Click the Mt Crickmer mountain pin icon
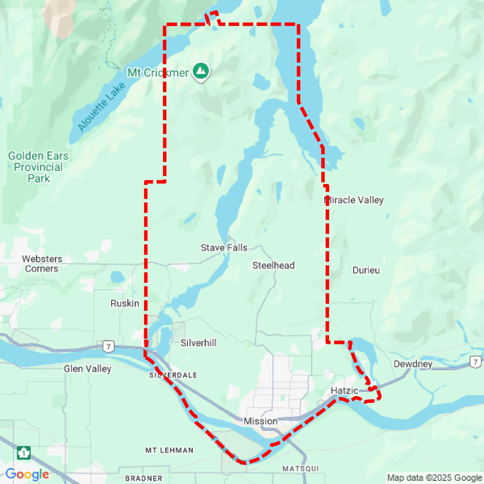click(x=201, y=71)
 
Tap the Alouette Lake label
click(x=101, y=106)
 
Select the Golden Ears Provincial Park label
click(x=38, y=167)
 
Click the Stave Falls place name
click(x=224, y=248)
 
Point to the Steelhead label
click(x=273, y=265)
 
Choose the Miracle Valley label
click(x=354, y=200)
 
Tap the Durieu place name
click(x=366, y=270)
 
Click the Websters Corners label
click(x=42, y=264)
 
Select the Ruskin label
click(x=125, y=304)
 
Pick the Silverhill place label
click(x=198, y=343)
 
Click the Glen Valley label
click(x=87, y=369)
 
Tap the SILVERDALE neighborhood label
click(x=173, y=375)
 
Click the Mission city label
click(x=260, y=421)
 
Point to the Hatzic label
click(x=344, y=391)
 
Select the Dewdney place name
click(x=413, y=364)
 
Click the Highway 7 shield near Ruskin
click(x=108, y=347)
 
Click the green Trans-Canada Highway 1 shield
click(x=24, y=453)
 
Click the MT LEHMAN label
click(x=169, y=450)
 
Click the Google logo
click(x=27, y=474)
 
